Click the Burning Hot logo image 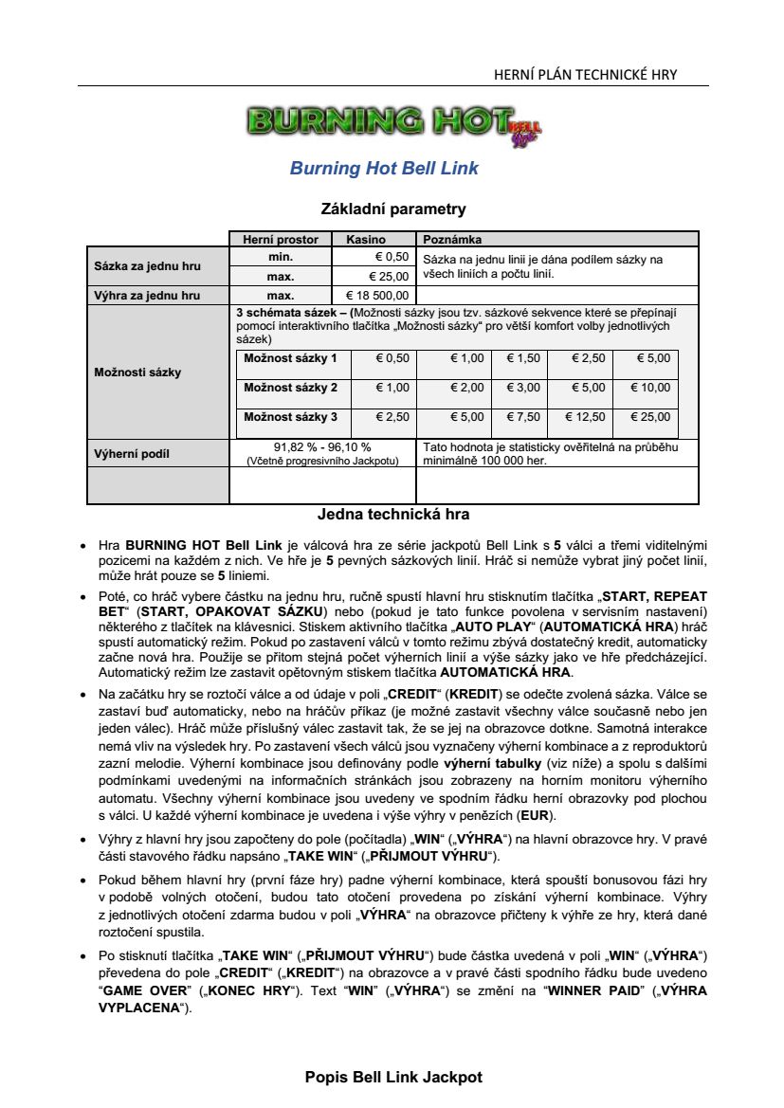[x=393, y=123]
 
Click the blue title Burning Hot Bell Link [x=384, y=169]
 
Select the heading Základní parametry [x=393, y=209]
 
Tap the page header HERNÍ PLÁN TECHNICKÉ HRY [x=586, y=75]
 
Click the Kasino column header [x=365, y=240]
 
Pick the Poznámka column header [x=452, y=240]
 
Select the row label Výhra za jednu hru [x=147, y=295]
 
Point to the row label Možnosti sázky [x=137, y=372]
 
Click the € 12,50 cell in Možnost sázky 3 [x=585, y=417]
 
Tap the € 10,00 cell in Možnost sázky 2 [x=650, y=388]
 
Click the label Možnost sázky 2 [x=290, y=388]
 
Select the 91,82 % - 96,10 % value [x=322, y=447]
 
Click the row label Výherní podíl [x=132, y=454]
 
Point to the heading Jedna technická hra [x=393, y=515]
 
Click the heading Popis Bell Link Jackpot [x=393, y=1078]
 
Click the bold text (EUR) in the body [x=538, y=815]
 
